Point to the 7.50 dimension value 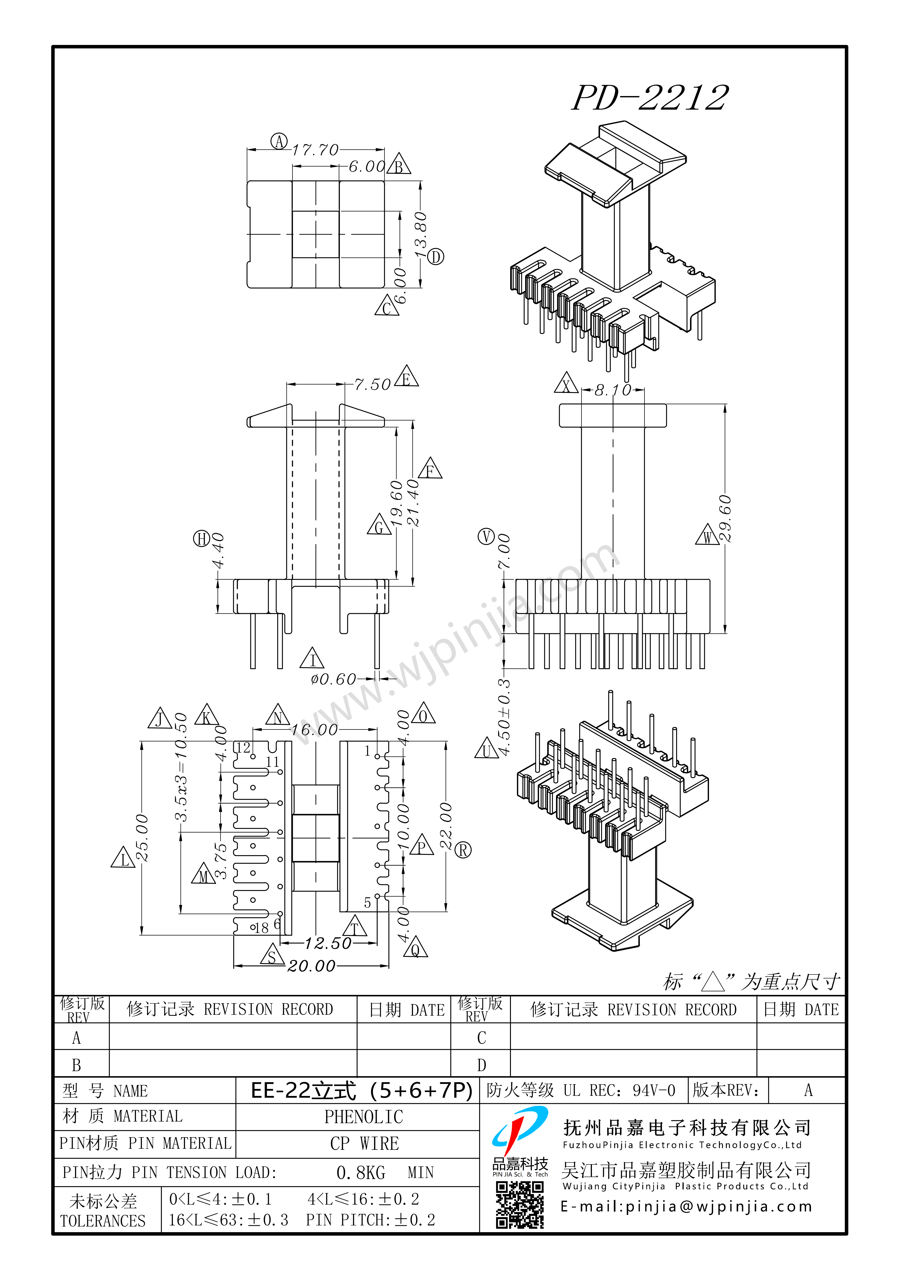pyautogui.click(x=372, y=384)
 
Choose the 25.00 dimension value pyautogui.click(x=142, y=838)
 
